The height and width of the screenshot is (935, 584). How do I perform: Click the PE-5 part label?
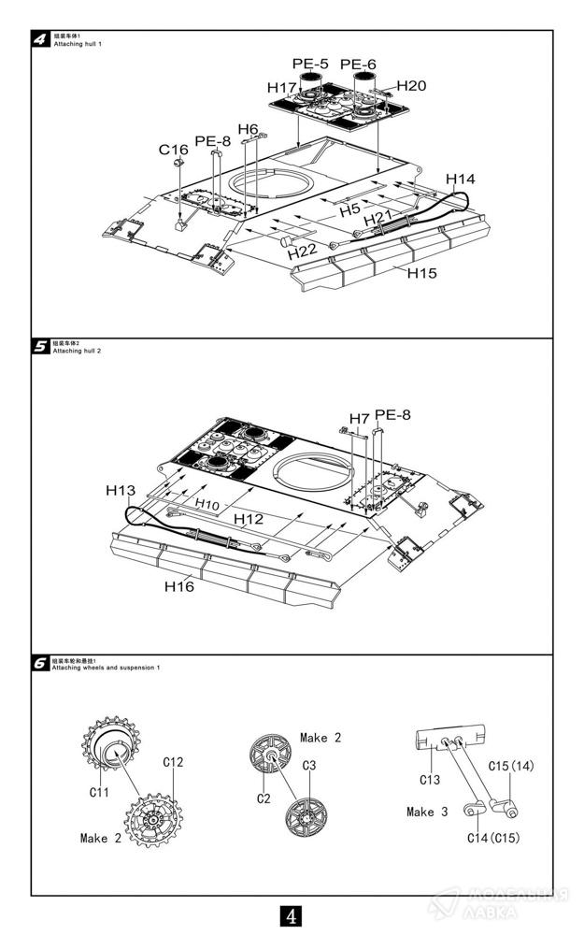tap(310, 64)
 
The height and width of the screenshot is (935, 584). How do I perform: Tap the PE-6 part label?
tap(358, 65)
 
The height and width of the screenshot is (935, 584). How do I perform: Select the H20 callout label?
tap(411, 85)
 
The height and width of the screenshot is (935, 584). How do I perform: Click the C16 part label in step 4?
tap(173, 150)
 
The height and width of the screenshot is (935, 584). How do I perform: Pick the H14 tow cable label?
tap(461, 179)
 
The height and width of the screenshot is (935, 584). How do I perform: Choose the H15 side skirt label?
tap(422, 272)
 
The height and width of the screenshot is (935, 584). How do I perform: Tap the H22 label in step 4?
tap(302, 252)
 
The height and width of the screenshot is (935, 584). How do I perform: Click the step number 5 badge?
tap(41, 347)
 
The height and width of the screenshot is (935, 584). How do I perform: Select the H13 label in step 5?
tap(121, 490)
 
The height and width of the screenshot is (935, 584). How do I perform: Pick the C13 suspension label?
tap(429, 780)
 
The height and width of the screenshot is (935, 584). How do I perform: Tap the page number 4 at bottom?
tap(292, 914)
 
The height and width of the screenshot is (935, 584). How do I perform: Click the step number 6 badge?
tap(41, 663)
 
